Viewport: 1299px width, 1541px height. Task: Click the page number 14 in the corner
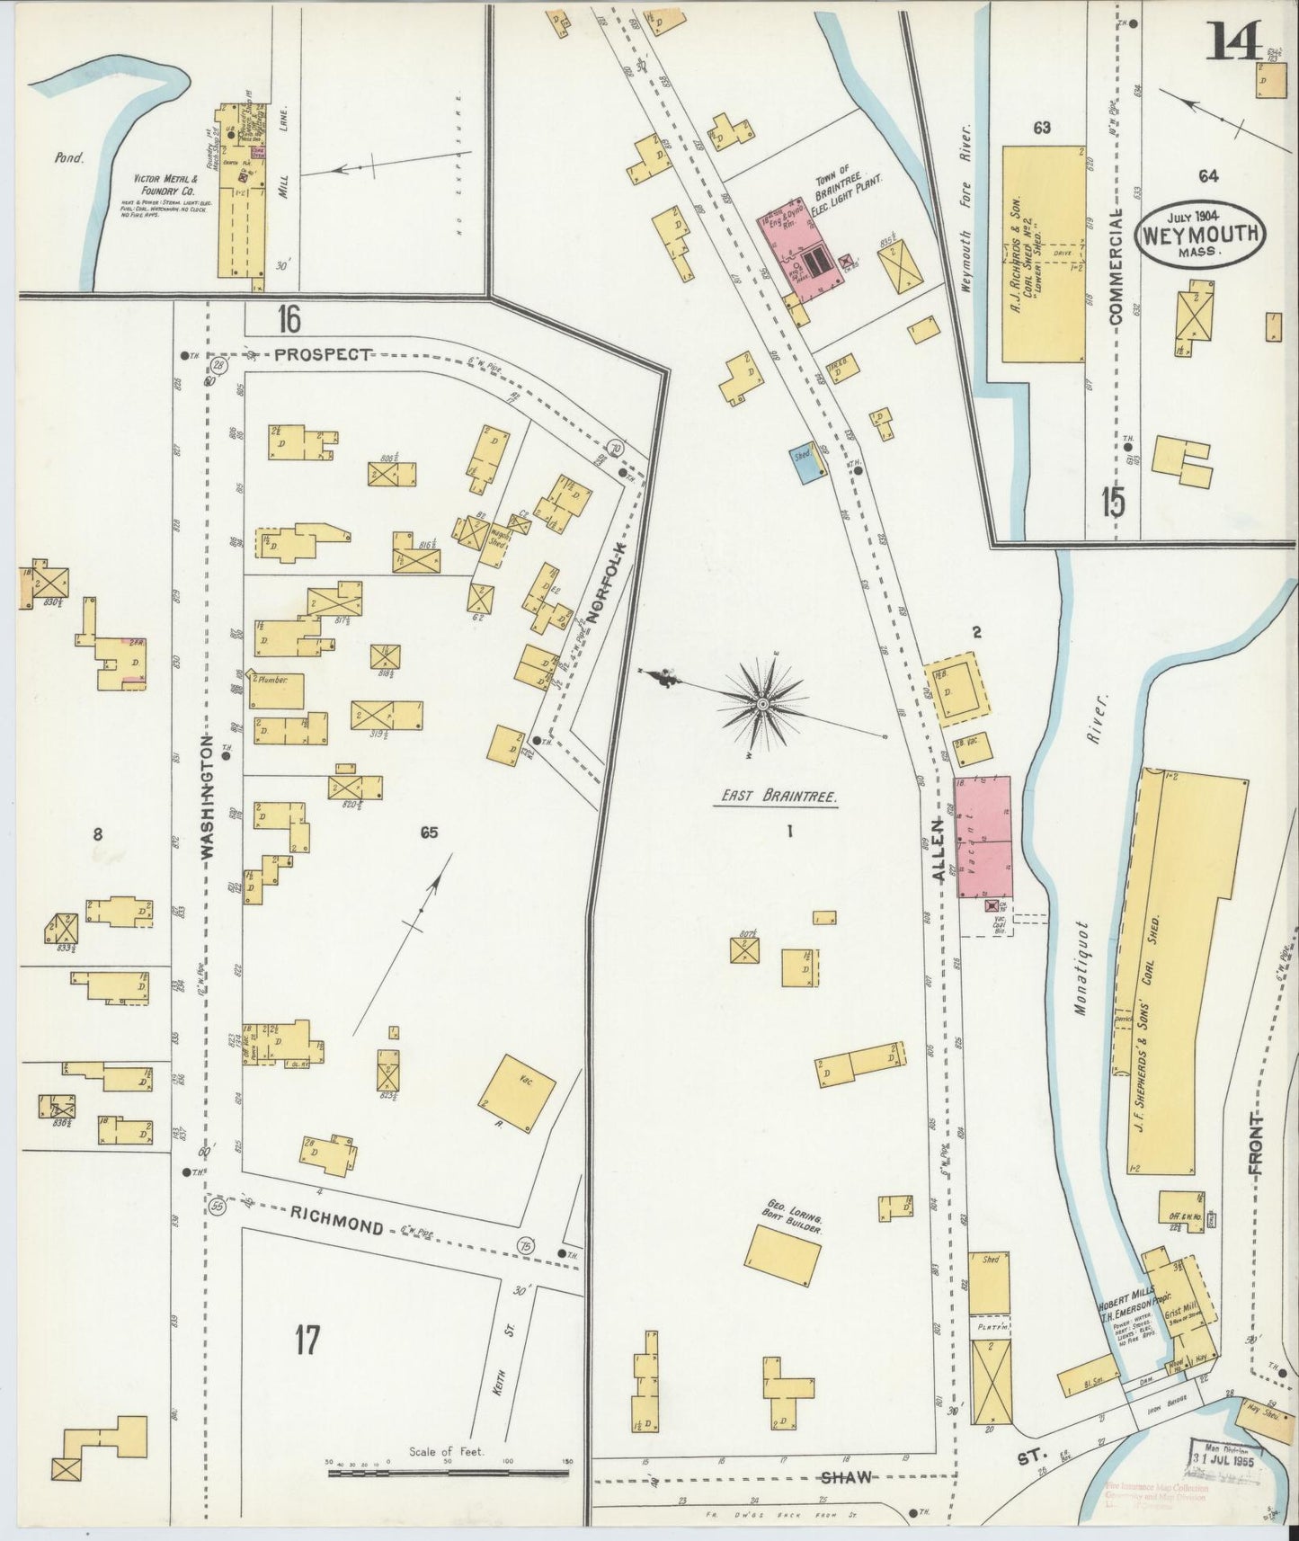click(1237, 40)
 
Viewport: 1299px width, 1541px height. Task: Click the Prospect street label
click(322, 354)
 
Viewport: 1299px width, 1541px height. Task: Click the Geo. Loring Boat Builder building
click(783, 1255)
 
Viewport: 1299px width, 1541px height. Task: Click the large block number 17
click(307, 1341)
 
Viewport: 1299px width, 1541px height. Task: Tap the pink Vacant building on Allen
click(983, 838)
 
